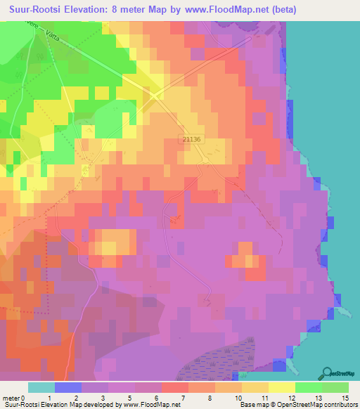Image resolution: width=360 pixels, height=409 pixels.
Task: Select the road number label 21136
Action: pos(191,139)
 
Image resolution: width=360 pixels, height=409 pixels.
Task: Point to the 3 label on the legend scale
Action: pos(104,397)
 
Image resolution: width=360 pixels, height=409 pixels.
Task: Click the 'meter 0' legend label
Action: pos(13,397)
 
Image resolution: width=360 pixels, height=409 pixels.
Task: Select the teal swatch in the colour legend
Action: pos(41,387)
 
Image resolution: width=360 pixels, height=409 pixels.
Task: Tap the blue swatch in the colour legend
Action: pos(68,387)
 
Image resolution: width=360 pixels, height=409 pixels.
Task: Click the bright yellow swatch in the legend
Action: pos(282,387)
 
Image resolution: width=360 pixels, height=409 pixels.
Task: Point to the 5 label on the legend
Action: pos(131,397)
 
